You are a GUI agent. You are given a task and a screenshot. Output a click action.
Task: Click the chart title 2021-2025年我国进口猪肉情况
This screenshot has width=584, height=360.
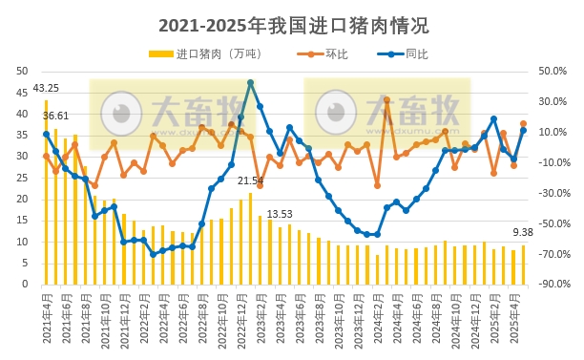[x=292, y=25]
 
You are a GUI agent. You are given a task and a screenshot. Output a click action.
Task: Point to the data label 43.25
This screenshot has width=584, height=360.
[x=46, y=89]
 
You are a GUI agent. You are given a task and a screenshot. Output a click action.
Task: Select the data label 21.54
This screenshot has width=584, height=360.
[x=250, y=180]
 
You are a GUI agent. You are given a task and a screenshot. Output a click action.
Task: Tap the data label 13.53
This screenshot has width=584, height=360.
[x=280, y=214]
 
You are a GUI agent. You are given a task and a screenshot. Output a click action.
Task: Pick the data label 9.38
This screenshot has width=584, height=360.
[x=523, y=232]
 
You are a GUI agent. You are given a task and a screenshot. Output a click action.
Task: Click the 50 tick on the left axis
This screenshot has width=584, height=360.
[x=20, y=71]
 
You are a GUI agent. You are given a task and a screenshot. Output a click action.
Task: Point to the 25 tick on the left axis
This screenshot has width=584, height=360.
[x=20, y=178]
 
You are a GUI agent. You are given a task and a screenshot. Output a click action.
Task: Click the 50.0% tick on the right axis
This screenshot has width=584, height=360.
[x=553, y=71]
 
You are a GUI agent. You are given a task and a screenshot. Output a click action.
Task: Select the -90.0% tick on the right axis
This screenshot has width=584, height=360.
[x=553, y=285]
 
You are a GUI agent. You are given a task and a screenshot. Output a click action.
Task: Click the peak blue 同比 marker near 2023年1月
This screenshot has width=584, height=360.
[x=250, y=83]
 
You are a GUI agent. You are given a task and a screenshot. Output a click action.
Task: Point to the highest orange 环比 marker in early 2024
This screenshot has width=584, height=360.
[x=386, y=99]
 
